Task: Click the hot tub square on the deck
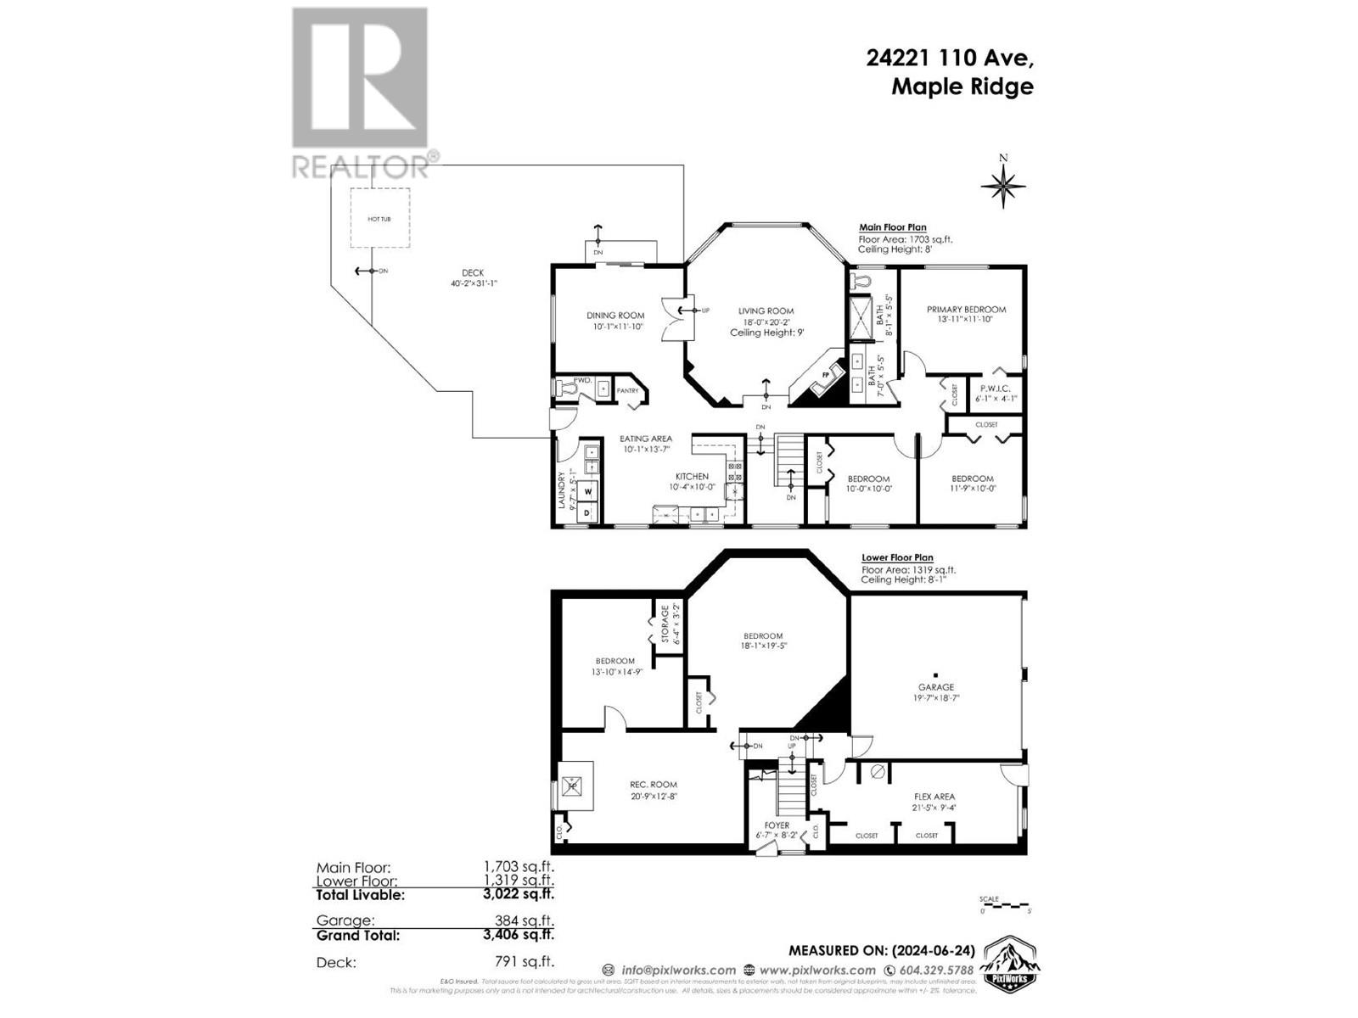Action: point(380,218)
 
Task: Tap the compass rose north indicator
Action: point(1003,185)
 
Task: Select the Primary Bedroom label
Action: point(966,310)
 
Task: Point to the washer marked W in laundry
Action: point(586,490)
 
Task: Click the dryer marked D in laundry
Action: point(586,512)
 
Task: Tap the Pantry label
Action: point(627,391)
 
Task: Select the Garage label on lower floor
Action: point(935,687)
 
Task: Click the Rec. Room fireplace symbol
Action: point(573,786)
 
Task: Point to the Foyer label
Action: point(776,825)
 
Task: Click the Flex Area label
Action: point(934,797)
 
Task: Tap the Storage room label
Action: point(665,624)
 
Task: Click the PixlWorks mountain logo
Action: point(1009,963)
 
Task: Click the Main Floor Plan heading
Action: point(892,227)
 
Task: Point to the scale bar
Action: point(1005,905)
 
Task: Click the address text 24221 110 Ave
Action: point(949,58)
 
